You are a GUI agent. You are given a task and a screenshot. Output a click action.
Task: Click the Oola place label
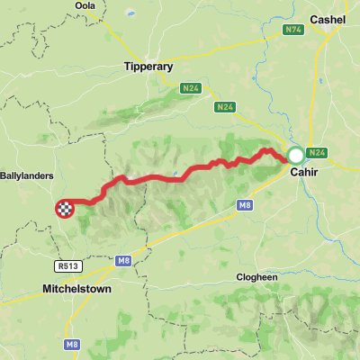coord(85,5)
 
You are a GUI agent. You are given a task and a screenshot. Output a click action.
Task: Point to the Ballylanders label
coord(28,176)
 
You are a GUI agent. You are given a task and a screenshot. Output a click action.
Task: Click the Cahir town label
coord(304,174)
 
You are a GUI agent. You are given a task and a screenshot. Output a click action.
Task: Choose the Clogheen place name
coord(258,278)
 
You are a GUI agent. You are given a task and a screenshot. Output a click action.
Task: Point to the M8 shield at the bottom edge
coord(73,345)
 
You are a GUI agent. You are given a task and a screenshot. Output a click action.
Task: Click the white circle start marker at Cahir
coord(295,155)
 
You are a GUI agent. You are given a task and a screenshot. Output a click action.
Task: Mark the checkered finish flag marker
coord(65,208)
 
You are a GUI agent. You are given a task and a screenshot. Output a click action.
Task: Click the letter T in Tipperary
coord(126,67)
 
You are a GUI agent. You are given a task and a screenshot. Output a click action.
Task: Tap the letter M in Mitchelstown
coord(47,290)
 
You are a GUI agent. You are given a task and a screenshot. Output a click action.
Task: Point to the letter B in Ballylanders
coord(4,176)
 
